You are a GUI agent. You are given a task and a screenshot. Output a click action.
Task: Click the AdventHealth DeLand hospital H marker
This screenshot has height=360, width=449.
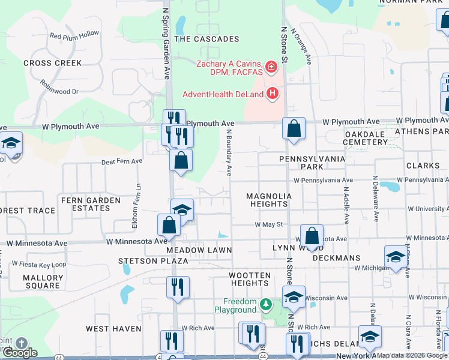pos(273,94)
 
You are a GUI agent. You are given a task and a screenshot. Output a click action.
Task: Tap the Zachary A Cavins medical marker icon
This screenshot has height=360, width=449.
pos(271,66)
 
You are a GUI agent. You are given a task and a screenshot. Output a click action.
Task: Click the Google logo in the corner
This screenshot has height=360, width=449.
pos(20,353)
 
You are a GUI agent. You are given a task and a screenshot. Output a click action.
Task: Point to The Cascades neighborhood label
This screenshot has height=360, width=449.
pos(206,39)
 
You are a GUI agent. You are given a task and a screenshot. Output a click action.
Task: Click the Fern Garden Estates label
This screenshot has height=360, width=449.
pos(86,204)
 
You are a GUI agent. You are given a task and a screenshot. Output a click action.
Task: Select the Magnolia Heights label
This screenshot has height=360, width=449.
pos(269,200)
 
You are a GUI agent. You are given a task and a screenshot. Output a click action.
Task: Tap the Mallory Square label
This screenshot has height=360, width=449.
pos(43,282)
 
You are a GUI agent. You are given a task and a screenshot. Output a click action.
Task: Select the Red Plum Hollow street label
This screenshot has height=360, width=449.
pos(74,36)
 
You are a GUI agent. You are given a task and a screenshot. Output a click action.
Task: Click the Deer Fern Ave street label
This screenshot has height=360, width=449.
pos(122,161)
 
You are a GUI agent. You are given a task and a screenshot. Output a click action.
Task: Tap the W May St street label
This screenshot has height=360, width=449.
pos(268,224)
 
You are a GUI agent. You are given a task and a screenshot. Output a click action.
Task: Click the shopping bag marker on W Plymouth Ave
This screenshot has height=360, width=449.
pos(293,128)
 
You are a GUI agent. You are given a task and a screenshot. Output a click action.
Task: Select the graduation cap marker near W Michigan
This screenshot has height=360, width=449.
pos(396,257)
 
